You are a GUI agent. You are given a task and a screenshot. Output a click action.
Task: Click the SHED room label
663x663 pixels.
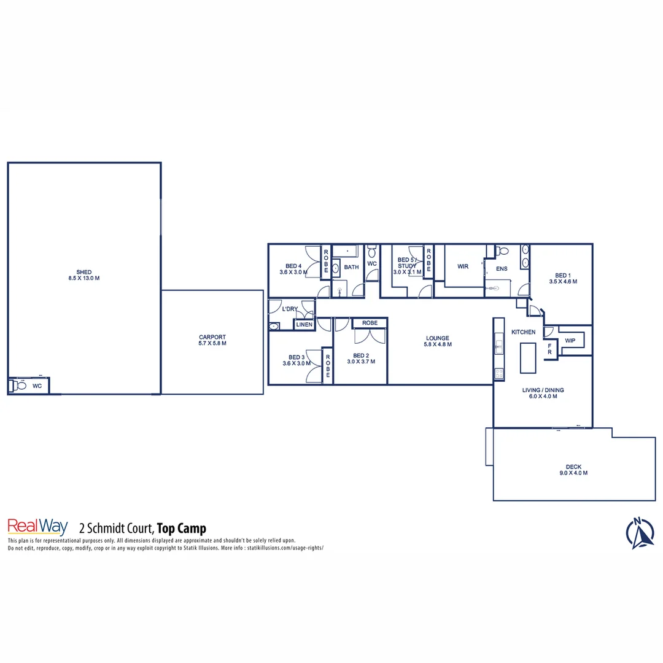click(84, 272)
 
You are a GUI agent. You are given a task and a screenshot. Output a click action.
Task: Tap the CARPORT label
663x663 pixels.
click(212, 337)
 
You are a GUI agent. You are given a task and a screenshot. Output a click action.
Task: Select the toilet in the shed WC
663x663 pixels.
click(19, 386)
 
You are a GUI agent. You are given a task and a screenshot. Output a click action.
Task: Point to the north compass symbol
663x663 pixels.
click(640, 533)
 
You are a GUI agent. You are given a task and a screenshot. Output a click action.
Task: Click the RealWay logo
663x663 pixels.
click(37, 527)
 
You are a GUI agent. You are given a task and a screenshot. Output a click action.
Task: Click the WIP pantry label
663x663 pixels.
click(570, 340)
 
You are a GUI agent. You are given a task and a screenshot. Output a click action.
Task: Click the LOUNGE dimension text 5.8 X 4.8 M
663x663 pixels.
click(438, 344)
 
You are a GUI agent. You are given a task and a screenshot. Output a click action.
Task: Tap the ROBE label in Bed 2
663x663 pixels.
click(370, 323)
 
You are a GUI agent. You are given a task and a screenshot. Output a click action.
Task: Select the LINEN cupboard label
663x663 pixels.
click(304, 324)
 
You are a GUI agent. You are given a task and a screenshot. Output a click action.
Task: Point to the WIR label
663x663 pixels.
click(463, 266)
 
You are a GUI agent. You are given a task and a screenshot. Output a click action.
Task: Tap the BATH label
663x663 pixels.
click(351, 267)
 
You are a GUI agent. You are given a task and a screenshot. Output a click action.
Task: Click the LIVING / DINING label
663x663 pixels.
click(543, 390)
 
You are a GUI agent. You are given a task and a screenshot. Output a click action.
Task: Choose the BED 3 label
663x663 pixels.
click(297, 357)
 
